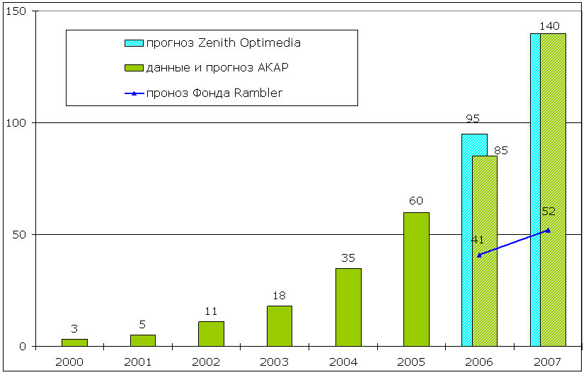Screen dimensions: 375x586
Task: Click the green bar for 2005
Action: point(416,279)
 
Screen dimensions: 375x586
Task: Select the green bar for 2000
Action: point(74,342)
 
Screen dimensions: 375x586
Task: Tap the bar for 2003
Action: point(280,325)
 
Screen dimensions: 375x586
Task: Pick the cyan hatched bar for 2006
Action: point(466,241)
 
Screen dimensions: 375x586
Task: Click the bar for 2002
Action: point(211,333)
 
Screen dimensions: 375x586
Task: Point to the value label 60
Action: point(416,202)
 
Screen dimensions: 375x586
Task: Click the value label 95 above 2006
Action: point(473,119)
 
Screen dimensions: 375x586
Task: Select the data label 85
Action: point(500,150)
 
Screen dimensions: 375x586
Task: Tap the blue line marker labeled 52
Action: point(548,230)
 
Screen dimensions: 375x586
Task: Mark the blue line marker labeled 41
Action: point(479,255)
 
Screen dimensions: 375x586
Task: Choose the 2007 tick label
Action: point(548,362)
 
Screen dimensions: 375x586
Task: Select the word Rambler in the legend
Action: point(257,93)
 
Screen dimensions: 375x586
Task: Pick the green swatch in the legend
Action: point(134,68)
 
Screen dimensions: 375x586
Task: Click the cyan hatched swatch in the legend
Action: point(134,43)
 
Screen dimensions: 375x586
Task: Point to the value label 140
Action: point(549,26)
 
